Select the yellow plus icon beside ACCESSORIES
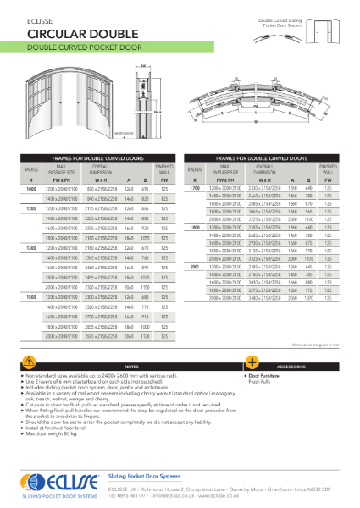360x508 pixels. tap(252, 362)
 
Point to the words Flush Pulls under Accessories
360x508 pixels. tap(260, 381)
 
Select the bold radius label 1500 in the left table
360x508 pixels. tap(30, 298)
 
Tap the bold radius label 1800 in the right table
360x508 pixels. tap(194, 228)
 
